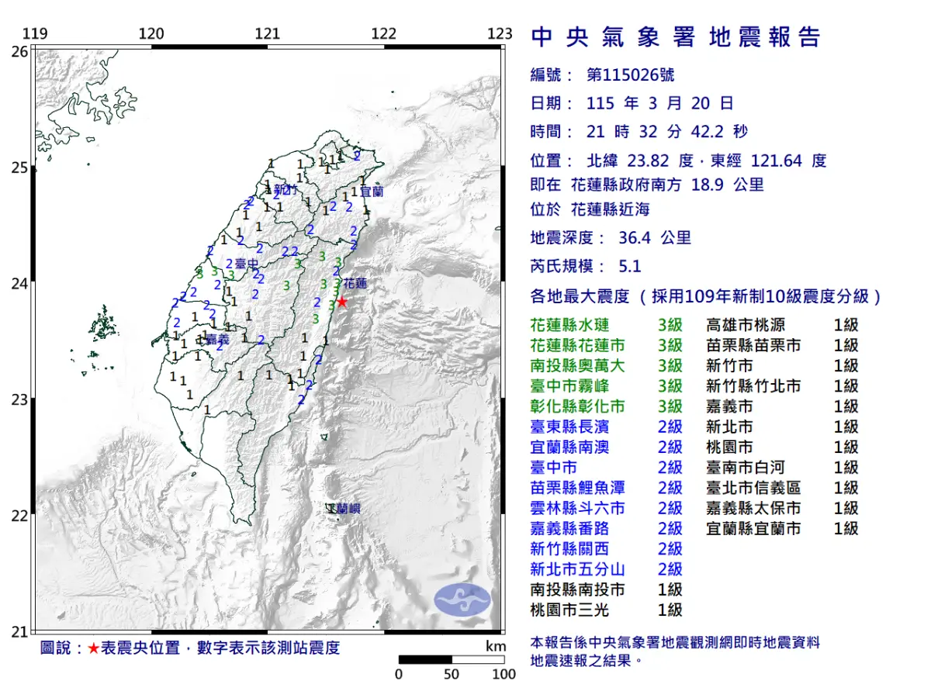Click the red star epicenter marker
coord(341,302)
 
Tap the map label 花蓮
coord(355,283)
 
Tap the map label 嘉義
coord(218,340)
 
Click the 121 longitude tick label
coord(268,34)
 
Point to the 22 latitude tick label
coord(20,516)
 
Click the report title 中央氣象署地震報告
coord(675,37)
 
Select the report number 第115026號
coord(631,75)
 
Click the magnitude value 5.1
coord(630,267)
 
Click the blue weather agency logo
coord(462,600)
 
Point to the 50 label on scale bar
coord(452,674)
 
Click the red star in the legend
coord(93,648)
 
